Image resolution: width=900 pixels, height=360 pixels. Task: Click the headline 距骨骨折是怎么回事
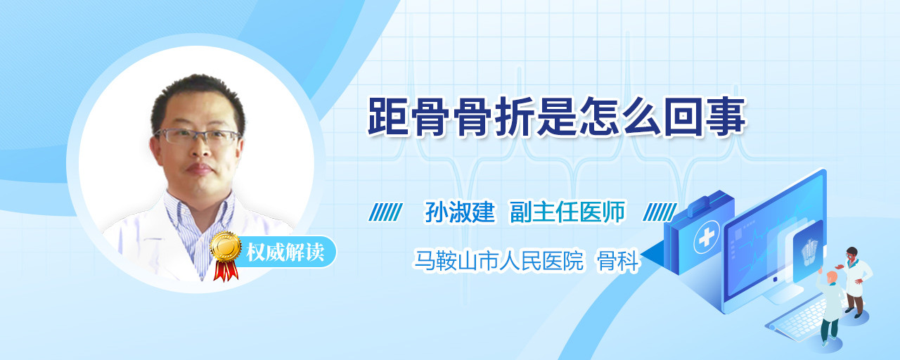point(558,117)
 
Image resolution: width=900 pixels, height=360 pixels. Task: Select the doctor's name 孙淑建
point(460,212)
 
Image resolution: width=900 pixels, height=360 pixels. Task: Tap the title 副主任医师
point(567,212)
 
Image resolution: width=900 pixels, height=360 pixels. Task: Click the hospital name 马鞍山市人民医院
point(499,261)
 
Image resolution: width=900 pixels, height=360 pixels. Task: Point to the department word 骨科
point(617,261)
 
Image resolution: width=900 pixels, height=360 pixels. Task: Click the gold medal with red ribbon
point(226,256)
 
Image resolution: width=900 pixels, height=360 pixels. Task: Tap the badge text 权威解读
point(285,252)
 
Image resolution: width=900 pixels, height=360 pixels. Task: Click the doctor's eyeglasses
point(198,136)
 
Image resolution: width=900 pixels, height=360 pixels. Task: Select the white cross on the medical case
point(706,238)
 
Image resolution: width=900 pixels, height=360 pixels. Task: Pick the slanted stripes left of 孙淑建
point(386,212)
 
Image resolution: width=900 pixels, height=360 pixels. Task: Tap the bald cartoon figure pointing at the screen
point(830,307)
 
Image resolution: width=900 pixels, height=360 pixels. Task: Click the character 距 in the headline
point(388,117)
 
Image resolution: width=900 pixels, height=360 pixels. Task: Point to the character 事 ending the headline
point(726,117)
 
